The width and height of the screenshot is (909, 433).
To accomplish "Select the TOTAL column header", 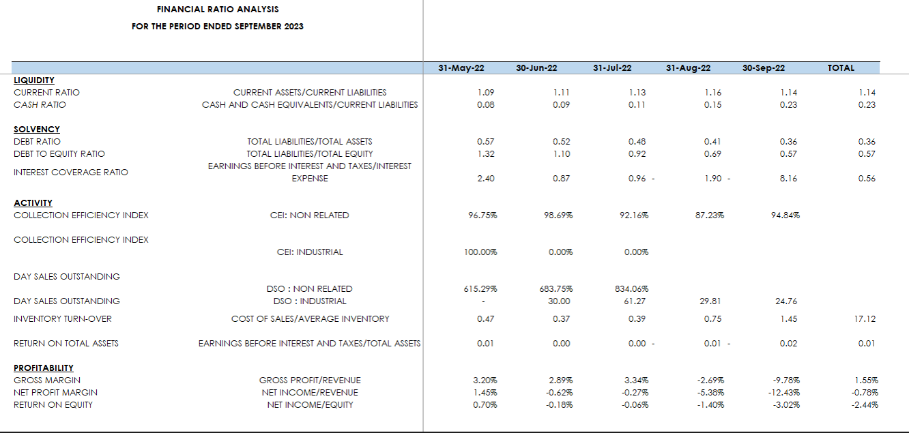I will (841, 68).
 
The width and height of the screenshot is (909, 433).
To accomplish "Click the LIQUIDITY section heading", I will (34, 80).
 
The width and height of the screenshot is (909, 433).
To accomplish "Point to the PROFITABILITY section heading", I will (44, 368).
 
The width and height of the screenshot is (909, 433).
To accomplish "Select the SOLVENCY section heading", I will (37, 130).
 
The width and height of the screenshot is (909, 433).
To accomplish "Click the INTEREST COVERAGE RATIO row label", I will (71, 173).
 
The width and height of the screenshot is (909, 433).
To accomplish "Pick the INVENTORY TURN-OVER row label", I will (63, 319).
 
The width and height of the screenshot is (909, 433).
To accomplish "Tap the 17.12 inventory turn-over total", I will (865, 319).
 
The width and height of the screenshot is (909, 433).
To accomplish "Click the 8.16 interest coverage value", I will (788, 179).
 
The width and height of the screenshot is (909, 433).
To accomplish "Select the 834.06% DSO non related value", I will (636, 289).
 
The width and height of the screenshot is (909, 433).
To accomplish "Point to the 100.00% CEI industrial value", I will (480, 252).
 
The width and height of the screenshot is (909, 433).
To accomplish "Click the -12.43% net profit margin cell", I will (784, 393).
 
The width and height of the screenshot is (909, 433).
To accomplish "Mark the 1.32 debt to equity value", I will (486, 154).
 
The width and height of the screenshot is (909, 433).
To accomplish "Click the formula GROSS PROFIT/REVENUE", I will (310, 380).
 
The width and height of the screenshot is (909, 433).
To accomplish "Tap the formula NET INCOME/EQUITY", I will (310, 405).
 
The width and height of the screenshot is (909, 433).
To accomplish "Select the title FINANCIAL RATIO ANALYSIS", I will (218, 10).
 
